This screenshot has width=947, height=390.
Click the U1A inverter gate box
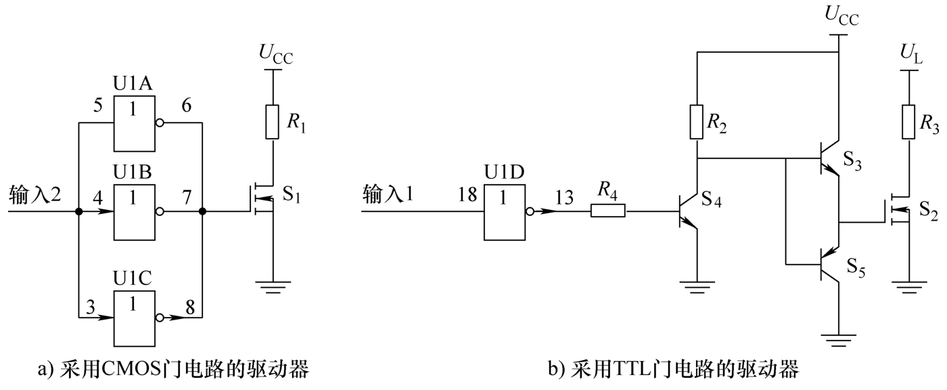click(x=134, y=123)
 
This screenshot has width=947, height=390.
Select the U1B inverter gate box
click(x=134, y=212)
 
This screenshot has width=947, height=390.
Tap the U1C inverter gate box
click(x=134, y=318)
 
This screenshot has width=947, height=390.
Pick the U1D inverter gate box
click(x=505, y=212)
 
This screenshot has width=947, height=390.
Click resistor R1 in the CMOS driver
click(x=272, y=122)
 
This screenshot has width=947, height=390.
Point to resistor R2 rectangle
click(x=696, y=122)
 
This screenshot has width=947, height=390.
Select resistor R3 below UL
click(x=908, y=122)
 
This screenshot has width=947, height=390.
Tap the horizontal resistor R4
click(x=607, y=211)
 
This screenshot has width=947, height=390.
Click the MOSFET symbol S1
click(x=263, y=199)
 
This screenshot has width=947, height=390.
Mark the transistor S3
click(x=829, y=158)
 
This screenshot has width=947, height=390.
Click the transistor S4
click(x=687, y=211)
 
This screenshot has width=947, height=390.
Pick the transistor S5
click(x=829, y=264)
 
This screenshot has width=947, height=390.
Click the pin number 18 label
click(x=467, y=195)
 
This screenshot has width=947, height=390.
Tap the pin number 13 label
click(x=564, y=198)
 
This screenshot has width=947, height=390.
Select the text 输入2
click(x=35, y=195)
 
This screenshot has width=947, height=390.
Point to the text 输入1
click(x=388, y=194)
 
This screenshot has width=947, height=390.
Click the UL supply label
click(x=911, y=55)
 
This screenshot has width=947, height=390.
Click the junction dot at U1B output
click(x=202, y=211)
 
